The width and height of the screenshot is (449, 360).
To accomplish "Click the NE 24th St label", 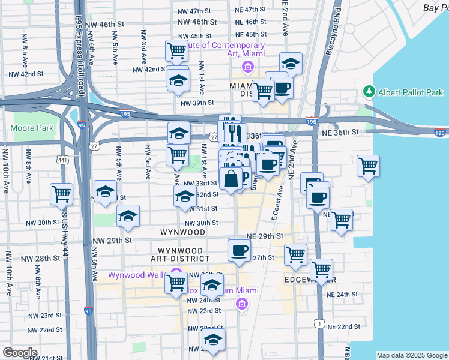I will click(x=342, y=295).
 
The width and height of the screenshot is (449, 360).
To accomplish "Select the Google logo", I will click(x=20, y=352).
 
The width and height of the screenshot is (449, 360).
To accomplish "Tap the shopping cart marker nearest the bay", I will click(x=368, y=166).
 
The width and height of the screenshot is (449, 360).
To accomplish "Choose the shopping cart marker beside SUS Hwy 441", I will click(x=62, y=194).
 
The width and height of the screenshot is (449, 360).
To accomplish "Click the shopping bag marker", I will click(x=231, y=178).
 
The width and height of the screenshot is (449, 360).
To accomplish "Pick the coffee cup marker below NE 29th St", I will click(x=239, y=250).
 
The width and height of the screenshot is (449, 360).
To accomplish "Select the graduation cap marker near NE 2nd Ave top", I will click(x=291, y=64).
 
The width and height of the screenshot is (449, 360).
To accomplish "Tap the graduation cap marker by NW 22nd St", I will click(x=213, y=340).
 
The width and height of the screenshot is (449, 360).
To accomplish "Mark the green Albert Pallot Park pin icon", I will click(x=369, y=92).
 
